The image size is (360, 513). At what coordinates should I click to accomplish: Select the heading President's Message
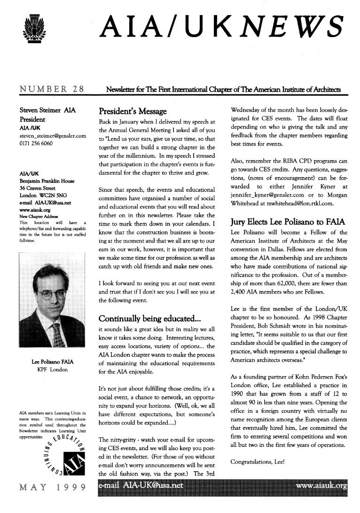pyautogui.click(x=133, y=112)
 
